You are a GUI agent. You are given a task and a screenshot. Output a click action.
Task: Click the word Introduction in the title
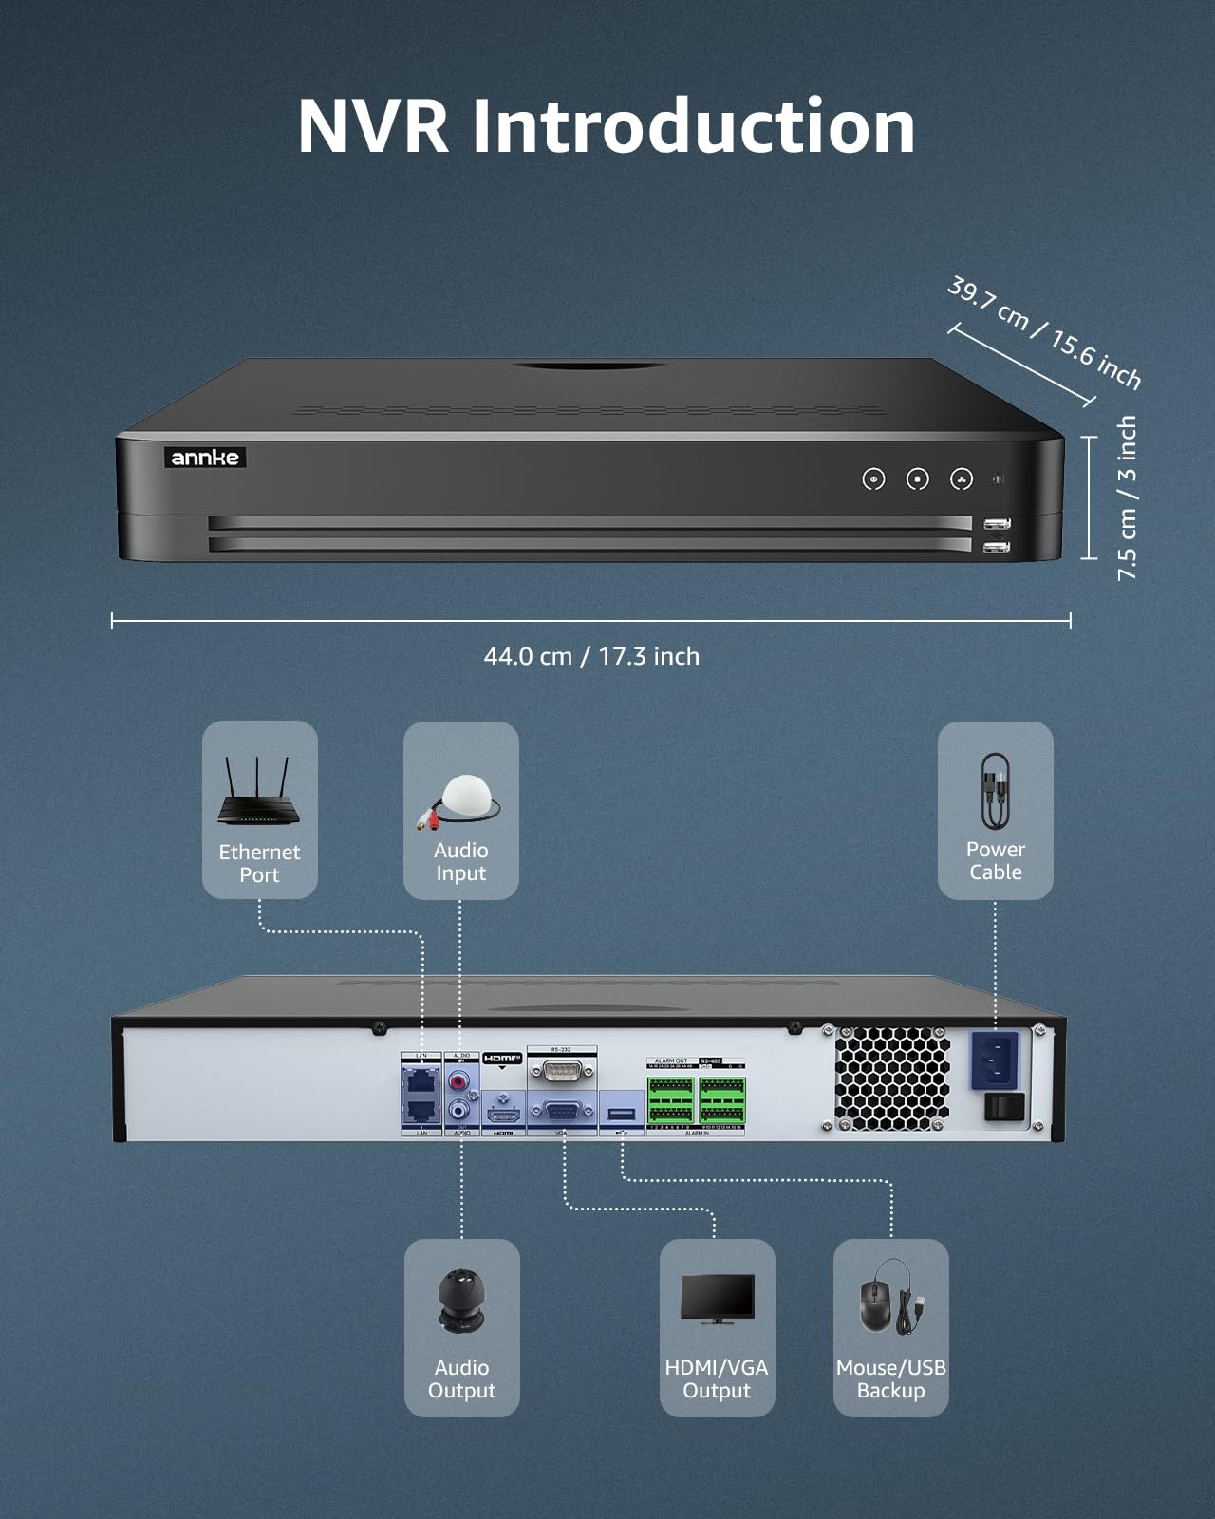coord(693,126)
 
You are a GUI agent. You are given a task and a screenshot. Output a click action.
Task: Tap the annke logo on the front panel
coord(205,458)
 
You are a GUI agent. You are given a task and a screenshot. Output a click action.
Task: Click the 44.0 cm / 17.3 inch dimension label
coord(591,656)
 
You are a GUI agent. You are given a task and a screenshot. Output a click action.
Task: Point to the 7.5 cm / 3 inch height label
coord(1127,497)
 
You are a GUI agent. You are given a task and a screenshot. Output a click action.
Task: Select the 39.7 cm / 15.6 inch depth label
coord(1044,332)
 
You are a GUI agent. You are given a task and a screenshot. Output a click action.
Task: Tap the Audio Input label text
coord(460,862)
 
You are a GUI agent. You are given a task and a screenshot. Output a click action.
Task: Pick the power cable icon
coord(995,792)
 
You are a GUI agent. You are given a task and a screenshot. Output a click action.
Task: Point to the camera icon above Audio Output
coord(461,1300)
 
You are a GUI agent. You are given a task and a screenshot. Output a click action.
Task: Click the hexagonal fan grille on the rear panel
coord(891,1078)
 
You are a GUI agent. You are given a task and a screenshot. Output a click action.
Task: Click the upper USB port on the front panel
coord(997,524)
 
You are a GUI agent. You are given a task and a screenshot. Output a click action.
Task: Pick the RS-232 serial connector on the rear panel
coord(562,1071)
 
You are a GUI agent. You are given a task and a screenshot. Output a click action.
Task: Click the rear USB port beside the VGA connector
coord(622,1113)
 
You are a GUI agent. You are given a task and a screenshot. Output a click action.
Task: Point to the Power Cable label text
coord(995,860)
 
